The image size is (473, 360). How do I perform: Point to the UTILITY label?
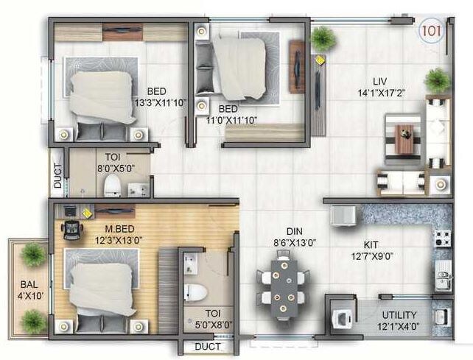(399, 294)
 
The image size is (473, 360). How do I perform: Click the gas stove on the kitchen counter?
(443, 238)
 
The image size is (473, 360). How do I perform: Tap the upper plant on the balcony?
(32, 255)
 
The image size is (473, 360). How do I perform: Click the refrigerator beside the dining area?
(343, 216)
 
